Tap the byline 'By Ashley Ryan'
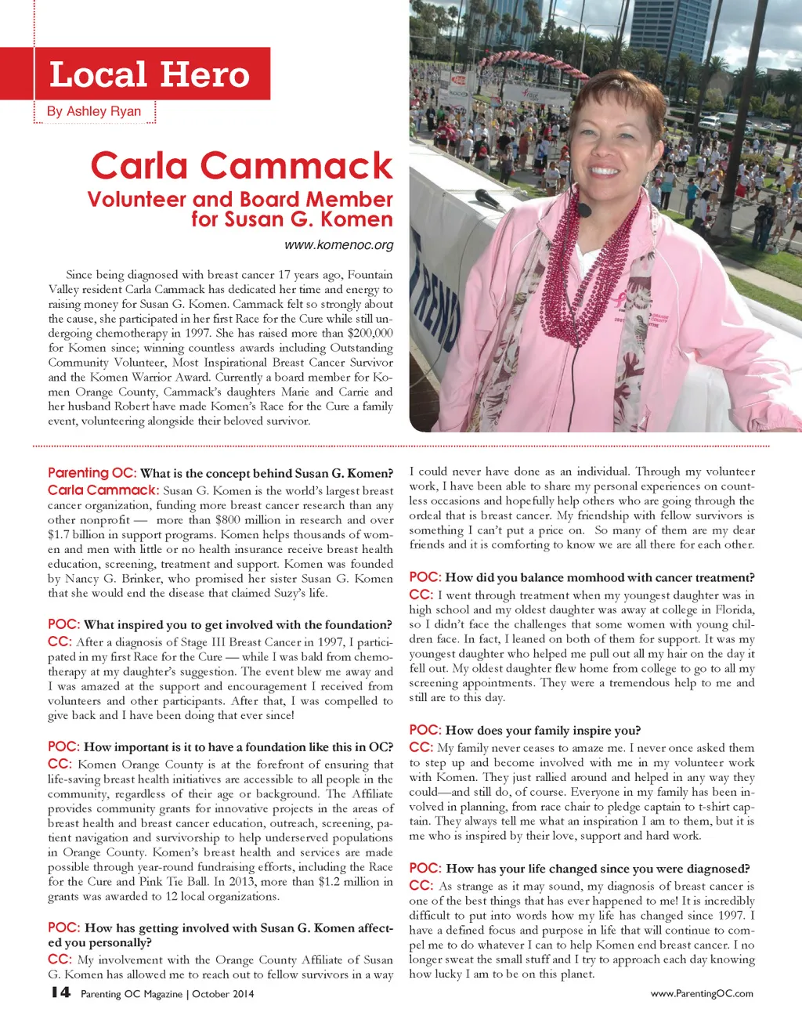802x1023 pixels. click(94, 111)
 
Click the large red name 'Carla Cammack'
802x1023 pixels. click(241, 165)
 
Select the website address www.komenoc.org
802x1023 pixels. click(338, 245)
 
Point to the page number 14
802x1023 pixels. click(60, 992)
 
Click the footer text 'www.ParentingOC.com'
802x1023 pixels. click(702, 993)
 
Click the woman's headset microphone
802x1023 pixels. click(583, 209)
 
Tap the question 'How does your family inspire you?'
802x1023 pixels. click(543, 731)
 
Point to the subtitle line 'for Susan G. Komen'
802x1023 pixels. click(291, 219)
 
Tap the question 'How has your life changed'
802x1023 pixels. click(598, 869)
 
